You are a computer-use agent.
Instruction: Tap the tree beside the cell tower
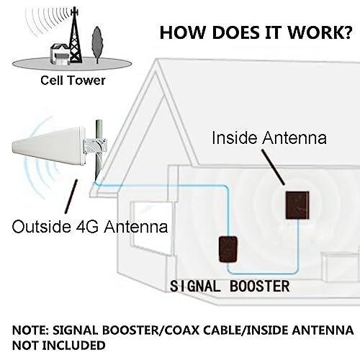pos(97,45)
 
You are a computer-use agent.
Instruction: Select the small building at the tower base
pos(60,54)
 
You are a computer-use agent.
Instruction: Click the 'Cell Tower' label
pos(73,81)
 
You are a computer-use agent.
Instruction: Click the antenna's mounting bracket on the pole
pos(96,146)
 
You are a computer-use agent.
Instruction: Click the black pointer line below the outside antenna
pos(71,197)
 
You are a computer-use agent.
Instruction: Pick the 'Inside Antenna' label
pos(269,138)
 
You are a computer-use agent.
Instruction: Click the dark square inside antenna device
pos(297,205)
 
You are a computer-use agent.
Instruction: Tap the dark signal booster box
pos(228,249)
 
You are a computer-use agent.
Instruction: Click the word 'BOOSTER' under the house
pos(260,287)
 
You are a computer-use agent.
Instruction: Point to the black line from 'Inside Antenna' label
pos(273,167)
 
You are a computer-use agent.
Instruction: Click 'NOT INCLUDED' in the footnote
pos(59,346)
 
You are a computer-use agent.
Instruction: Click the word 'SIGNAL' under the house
pos(194,287)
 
